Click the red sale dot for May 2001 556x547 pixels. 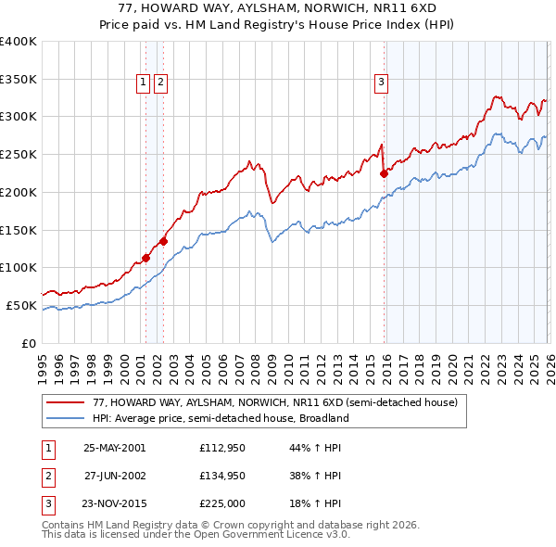(x=145, y=258)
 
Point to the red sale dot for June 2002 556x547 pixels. (x=163, y=241)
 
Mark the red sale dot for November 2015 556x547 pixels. (x=384, y=172)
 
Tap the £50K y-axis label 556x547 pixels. (x=22, y=305)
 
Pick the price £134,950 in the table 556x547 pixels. (x=221, y=477)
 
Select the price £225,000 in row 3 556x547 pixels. (x=221, y=505)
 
